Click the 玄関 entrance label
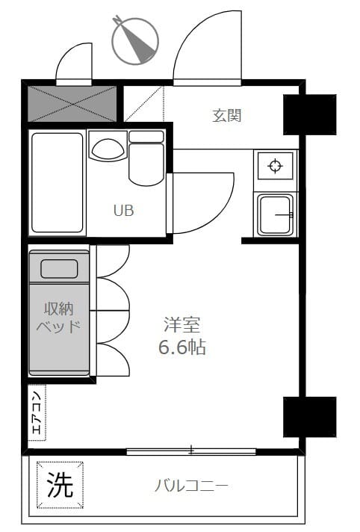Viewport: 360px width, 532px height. (x=226, y=115)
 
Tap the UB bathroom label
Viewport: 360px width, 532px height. (x=123, y=211)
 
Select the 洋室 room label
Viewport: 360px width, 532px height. (x=182, y=325)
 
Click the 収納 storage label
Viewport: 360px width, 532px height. (x=59, y=308)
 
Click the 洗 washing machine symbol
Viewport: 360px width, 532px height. (x=60, y=486)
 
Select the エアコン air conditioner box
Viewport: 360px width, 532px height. (x=37, y=412)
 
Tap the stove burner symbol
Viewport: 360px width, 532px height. (x=275, y=165)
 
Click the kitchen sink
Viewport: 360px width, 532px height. (x=275, y=214)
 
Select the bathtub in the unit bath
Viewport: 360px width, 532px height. (x=57, y=183)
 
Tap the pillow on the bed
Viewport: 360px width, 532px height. (x=59, y=268)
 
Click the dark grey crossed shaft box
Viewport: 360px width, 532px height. (x=72, y=104)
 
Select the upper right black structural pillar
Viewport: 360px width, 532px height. (x=309, y=114)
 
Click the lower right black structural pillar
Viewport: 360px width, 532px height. (x=309, y=416)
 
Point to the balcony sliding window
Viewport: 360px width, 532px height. (x=191, y=451)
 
